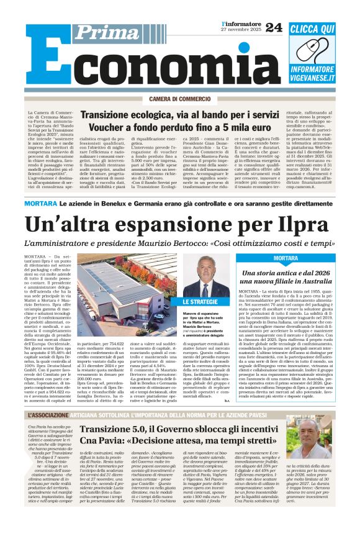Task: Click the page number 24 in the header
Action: click(x=273, y=27)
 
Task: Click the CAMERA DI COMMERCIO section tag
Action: click(x=180, y=99)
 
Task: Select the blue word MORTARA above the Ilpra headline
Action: click(x=42, y=204)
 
